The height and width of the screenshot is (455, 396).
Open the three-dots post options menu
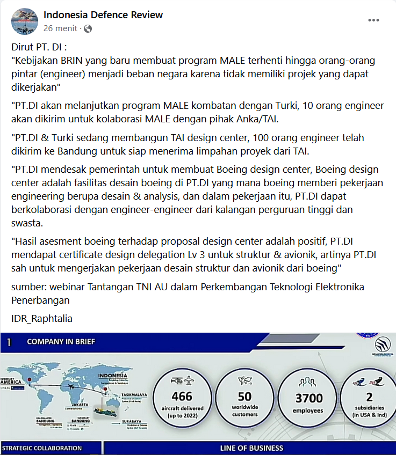[373, 20]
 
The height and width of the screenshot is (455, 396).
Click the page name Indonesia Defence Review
[103, 15]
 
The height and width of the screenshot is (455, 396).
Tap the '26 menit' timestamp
[60, 28]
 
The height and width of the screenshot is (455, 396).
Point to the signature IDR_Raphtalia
[42, 319]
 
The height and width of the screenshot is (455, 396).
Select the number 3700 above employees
[309, 398]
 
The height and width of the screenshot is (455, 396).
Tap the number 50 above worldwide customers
[244, 397]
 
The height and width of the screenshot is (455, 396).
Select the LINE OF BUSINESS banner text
[251, 448]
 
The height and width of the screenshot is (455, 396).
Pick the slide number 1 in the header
[10, 341]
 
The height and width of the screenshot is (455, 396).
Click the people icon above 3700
[308, 380]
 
